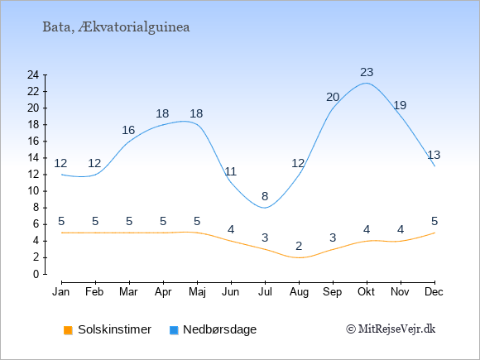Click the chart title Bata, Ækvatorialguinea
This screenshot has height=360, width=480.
tap(116, 27)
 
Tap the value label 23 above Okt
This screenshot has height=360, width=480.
tap(367, 72)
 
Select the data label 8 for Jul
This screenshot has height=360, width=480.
tap(265, 196)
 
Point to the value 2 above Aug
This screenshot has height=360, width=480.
tap(299, 246)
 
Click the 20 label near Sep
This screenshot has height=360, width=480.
tap(333, 98)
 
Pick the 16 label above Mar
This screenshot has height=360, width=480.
tap(128, 130)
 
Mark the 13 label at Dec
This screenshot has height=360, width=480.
tap(434, 155)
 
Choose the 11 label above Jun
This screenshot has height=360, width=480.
tap(231, 171)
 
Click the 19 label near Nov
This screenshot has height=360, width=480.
tap(400, 105)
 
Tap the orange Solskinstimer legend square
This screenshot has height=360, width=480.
tap(68, 330)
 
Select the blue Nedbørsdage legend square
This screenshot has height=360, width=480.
tap(174, 330)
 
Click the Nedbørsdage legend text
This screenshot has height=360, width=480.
tap(220, 329)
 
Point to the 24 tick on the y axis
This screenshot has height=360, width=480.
tap(33, 74)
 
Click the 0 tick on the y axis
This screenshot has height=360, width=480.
tap(36, 274)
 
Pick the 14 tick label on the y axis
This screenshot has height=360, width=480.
tap(33, 158)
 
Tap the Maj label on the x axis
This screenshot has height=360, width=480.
tap(197, 292)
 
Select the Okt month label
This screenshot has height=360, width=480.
tap(367, 292)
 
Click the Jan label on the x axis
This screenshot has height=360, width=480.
tap(61, 292)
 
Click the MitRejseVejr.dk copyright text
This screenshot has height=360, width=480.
tap(391, 329)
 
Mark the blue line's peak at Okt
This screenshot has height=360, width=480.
tap(367, 83)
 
